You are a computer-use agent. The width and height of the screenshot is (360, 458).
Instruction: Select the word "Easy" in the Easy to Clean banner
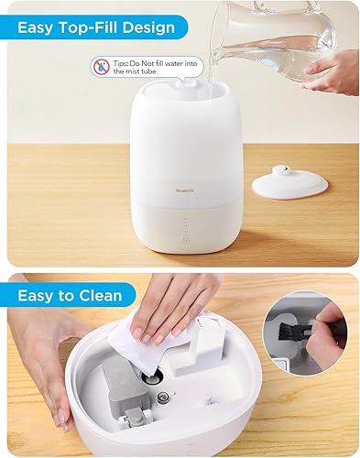pos(37,295)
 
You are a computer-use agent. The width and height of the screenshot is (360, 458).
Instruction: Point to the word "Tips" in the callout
pos(123,61)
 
